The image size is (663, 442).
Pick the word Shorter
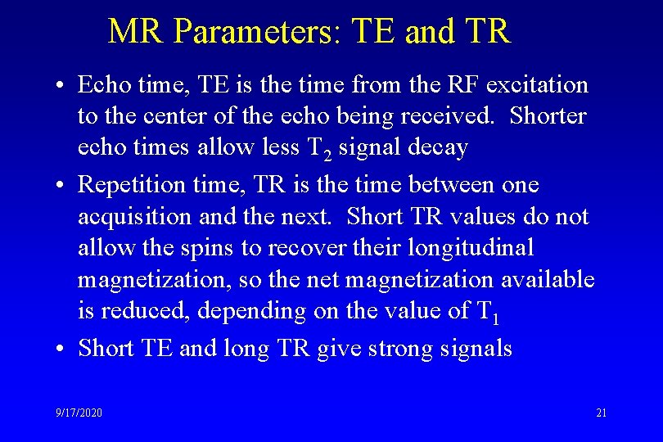tap(548, 116)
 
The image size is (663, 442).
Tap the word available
tap(538, 280)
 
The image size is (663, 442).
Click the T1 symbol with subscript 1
tap(485, 312)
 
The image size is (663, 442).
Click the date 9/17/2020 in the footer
tap(79, 413)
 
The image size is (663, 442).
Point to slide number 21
tap(601, 413)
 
